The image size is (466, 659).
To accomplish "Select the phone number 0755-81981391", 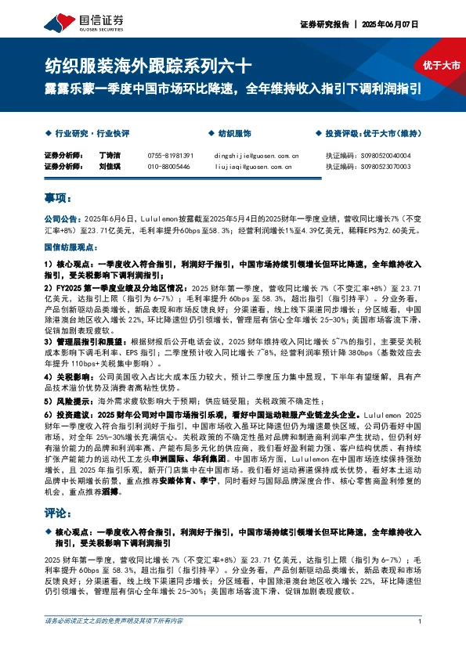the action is (x=170, y=156).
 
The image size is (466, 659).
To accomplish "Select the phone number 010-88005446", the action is (x=168, y=167).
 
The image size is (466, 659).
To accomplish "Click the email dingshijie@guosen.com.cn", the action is (x=251, y=156).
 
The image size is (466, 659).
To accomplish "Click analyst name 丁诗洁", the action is (x=110, y=156).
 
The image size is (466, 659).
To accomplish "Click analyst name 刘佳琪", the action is (x=110, y=167).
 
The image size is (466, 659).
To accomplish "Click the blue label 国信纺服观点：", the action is (x=69, y=247).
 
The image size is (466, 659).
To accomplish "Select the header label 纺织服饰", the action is (x=234, y=134).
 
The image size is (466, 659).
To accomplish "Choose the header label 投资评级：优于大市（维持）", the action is (x=372, y=134).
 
